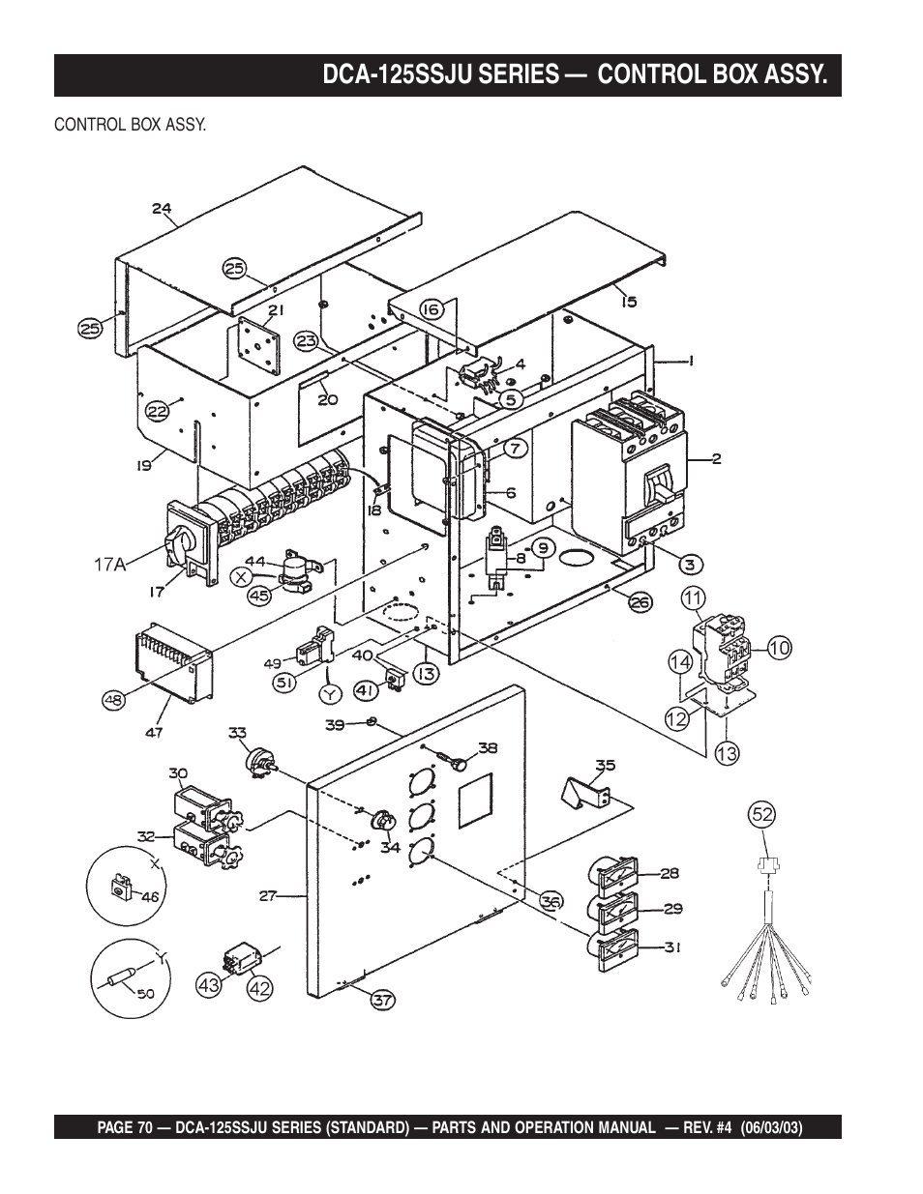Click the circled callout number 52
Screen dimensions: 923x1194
pyautogui.click(x=762, y=814)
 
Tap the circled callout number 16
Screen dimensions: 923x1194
pyautogui.click(x=432, y=310)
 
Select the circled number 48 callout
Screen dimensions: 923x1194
pyautogui.click(x=114, y=700)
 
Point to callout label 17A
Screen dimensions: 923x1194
pyautogui.click(x=110, y=565)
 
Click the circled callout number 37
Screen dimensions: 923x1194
pyautogui.click(x=383, y=998)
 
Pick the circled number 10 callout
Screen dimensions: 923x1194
pyautogui.click(x=779, y=649)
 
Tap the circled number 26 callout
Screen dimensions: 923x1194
pyautogui.click(x=640, y=602)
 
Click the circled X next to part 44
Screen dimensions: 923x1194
pyautogui.click(x=240, y=577)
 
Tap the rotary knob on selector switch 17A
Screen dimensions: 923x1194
pyautogui.click(x=180, y=544)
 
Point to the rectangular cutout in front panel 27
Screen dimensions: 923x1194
pyautogui.click(x=475, y=800)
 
